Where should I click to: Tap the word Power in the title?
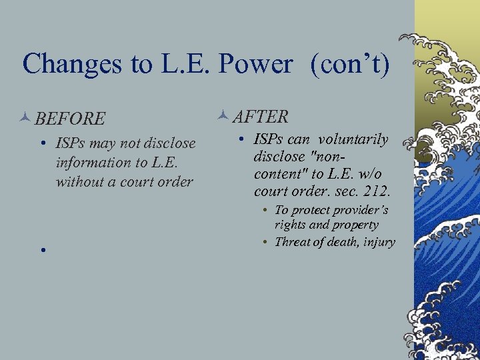256,64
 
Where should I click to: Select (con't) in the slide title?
347,64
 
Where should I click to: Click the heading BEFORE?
70,119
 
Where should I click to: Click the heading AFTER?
261,117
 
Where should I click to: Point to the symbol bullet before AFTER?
223,117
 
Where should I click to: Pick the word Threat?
295,242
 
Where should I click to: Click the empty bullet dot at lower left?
41,250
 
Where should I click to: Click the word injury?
377,242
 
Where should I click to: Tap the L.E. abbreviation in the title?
181,64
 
